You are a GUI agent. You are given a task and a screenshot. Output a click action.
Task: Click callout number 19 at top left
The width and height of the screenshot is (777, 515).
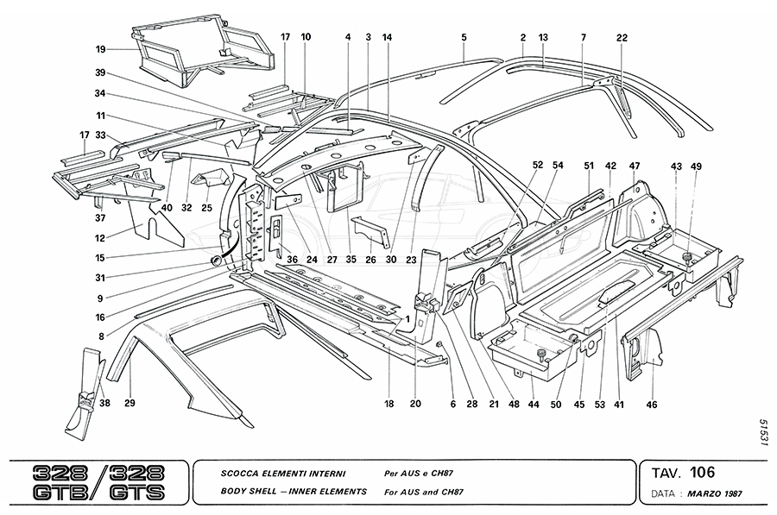(x=100, y=49)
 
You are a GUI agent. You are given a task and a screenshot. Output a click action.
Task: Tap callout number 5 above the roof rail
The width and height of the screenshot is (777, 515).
(x=464, y=37)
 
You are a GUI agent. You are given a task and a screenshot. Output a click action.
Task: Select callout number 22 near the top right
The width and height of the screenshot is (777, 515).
(x=622, y=37)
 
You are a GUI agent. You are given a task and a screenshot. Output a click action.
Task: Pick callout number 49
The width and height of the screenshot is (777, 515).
(x=696, y=166)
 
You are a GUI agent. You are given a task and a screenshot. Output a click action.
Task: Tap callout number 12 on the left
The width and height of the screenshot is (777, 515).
(x=100, y=239)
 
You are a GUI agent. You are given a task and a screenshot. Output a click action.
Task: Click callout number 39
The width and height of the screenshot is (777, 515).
(x=100, y=72)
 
